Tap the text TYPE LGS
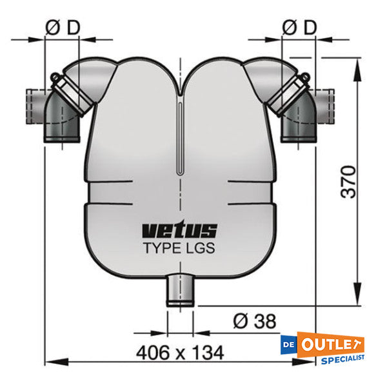(179, 248)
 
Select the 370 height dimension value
(348, 182)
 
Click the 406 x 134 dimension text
(180, 352)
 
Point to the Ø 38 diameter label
(255, 321)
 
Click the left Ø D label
(63, 27)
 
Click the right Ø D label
(299, 27)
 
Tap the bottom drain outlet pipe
(180, 290)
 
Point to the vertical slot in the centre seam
(181, 138)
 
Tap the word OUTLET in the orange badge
(330, 344)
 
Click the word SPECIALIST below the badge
(342, 359)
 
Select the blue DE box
(289, 344)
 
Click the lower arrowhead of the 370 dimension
(357, 294)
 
